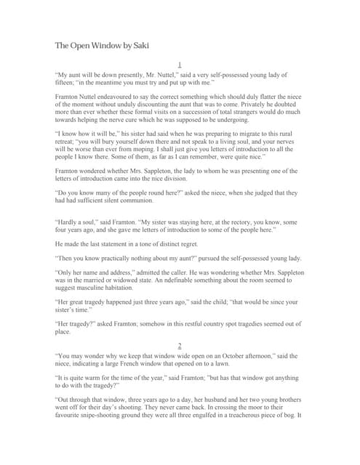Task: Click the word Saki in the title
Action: [140, 46]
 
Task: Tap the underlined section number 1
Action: [180, 65]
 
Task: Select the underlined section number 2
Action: [180, 346]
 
